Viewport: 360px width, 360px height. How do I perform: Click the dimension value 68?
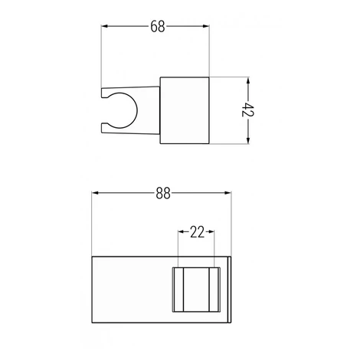(x=158, y=26)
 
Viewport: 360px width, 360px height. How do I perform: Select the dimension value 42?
(x=248, y=110)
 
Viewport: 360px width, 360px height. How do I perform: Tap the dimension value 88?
(x=163, y=193)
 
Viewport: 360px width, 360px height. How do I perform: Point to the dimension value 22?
(x=197, y=232)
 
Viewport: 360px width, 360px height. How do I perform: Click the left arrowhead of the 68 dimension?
(x=104, y=26)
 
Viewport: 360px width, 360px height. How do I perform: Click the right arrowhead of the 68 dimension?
(x=206, y=26)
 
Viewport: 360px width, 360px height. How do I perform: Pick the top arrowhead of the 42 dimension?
(x=248, y=80)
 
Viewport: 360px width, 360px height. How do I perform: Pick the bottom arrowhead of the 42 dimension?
(x=248, y=140)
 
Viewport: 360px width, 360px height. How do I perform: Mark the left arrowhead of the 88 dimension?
(x=95, y=193)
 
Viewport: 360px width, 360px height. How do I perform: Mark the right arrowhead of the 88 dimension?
(x=228, y=193)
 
